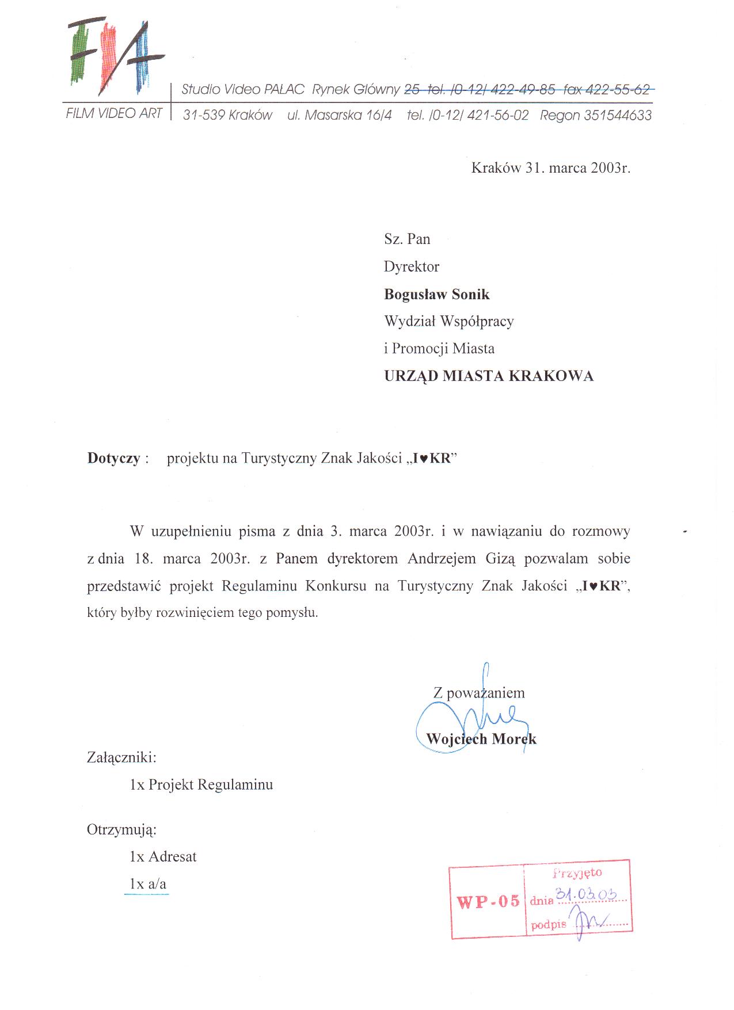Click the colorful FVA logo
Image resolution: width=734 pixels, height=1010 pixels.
(x=115, y=58)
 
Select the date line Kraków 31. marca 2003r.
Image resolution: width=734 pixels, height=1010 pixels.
(x=550, y=168)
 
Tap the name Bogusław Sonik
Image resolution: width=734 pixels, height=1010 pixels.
(x=436, y=294)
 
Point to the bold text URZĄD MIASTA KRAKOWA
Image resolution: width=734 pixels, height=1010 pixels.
(x=488, y=376)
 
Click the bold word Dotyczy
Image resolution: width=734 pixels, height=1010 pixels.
(x=113, y=458)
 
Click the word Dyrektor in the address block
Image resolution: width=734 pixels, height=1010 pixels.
(x=411, y=266)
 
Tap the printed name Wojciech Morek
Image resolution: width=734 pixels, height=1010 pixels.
(x=481, y=739)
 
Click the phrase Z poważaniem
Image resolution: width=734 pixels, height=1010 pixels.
(x=479, y=693)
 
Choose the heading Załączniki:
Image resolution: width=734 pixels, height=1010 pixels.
(x=121, y=757)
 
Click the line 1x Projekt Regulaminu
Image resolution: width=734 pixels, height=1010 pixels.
(x=201, y=784)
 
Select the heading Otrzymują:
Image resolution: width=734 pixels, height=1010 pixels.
(x=121, y=829)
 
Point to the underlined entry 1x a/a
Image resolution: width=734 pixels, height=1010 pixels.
(x=147, y=884)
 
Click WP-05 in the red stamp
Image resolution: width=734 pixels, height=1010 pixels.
(x=488, y=901)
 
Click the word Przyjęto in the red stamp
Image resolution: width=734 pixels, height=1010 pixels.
(x=577, y=873)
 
